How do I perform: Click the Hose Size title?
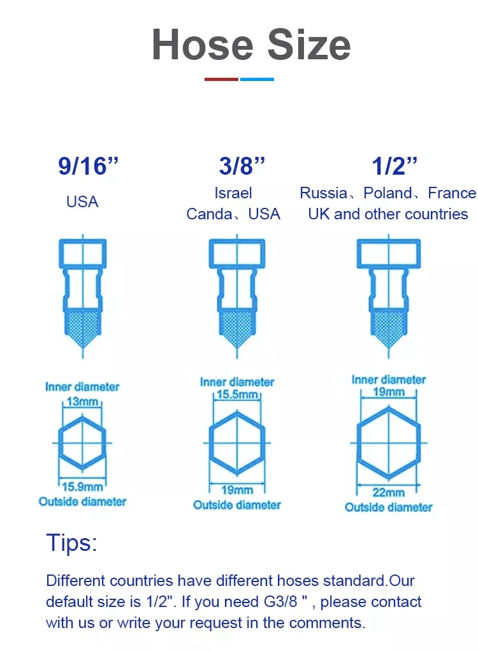pyautogui.click(x=251, y=45)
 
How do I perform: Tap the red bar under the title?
pyautogui.click(x=221, y=79)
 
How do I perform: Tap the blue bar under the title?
pyautogui.click(x=257, y=79)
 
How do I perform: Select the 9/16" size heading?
pyautogui.click(x=88, y=166)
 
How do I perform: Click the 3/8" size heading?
pyautogui.click(x=242, y=166)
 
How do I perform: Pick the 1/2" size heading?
pyautogui.click(x=394, y=166)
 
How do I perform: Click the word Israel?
pyautogui.click(x=233, y=193)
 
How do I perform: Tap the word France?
pyautogui.click(x=452, y=193)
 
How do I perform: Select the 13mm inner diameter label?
pyautogui.click(x=83, y=402)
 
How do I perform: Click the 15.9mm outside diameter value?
pyautogui.click(x=83, y=486)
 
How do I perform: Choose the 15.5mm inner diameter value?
pyautogui.click(x=237, y=395)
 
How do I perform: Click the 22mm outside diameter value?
pyautogui.click(x=388, y=492)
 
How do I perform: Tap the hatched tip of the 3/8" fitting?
pyautogui.click(x=237, y=328)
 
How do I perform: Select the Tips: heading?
pyautogui.click(x=71, y=543)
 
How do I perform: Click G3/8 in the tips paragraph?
pyautogui.click(x=280, y=602)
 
